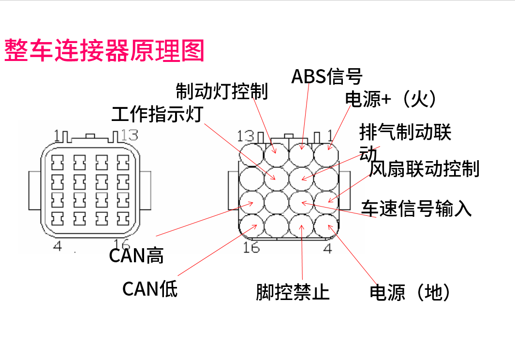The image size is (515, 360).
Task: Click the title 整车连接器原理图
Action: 104,50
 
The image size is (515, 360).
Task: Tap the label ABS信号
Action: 326,76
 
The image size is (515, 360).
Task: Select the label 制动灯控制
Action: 221,90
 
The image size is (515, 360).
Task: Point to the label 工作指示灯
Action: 157,114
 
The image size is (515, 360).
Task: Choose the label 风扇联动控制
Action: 424,169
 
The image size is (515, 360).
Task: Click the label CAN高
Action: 136,255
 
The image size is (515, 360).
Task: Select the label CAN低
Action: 150,289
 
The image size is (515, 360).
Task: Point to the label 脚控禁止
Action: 293,292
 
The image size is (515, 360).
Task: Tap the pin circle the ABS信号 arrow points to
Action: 302,154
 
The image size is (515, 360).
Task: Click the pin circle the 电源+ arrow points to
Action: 326,154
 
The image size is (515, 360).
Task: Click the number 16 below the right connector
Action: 251,248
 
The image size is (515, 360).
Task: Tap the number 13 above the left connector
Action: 129,134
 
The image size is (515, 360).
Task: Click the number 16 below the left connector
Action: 121,245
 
